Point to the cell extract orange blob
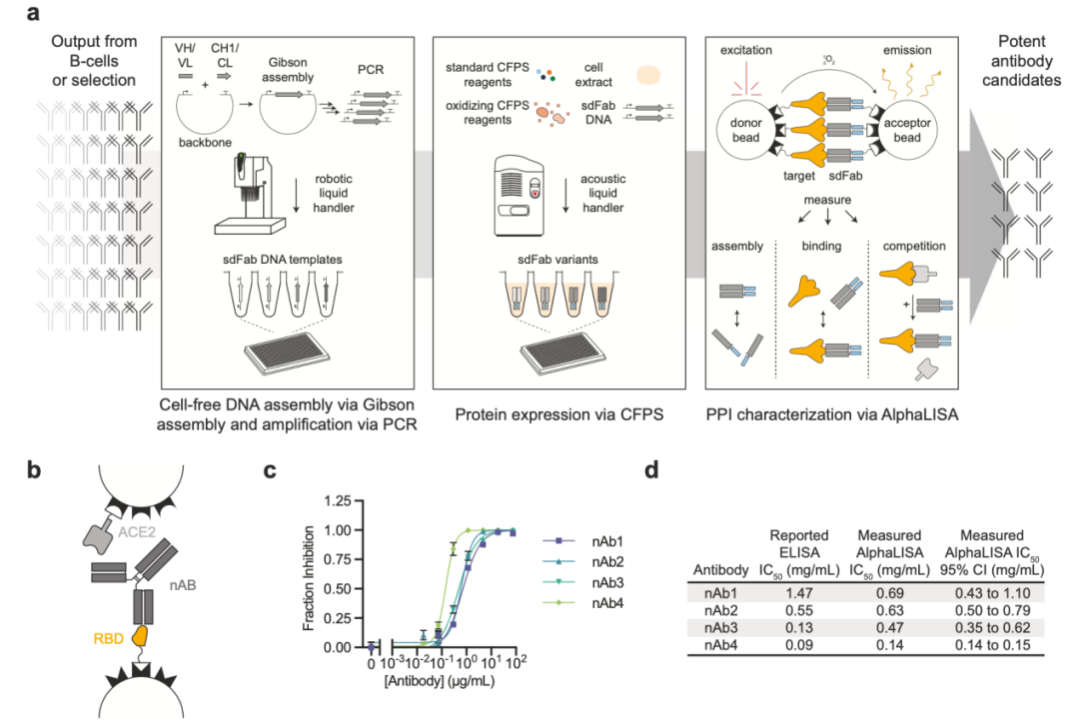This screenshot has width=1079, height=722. click(x=648, y=75)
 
